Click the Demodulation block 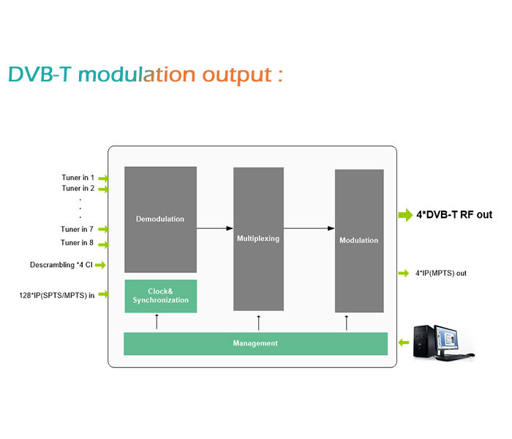click(x=160, y=219)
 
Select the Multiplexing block click(x=258, y=239)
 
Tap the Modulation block click(x=359, y=241)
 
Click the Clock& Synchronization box click(x=161, y=296)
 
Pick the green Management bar click(x=255, y=343)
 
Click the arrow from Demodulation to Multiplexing click(x=215, y=228)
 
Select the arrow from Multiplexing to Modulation click(x=309, y=228)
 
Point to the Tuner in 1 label click(x=78, y=177)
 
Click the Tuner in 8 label click(x=77, y=242)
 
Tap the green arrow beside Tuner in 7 click(x=104, y=229)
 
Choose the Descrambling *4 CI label click(x=61, y=265)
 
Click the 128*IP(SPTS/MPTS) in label click(x=57, y=296)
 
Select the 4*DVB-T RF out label click(x=454, y=214)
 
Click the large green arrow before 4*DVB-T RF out click(x=405, y=214)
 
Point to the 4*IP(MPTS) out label click(x=441, y=273)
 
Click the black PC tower click(x=423, y=342)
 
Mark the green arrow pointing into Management click(x=404, y=342)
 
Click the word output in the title click(x=237, y=75)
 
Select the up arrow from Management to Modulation click(x=347, y=323)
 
